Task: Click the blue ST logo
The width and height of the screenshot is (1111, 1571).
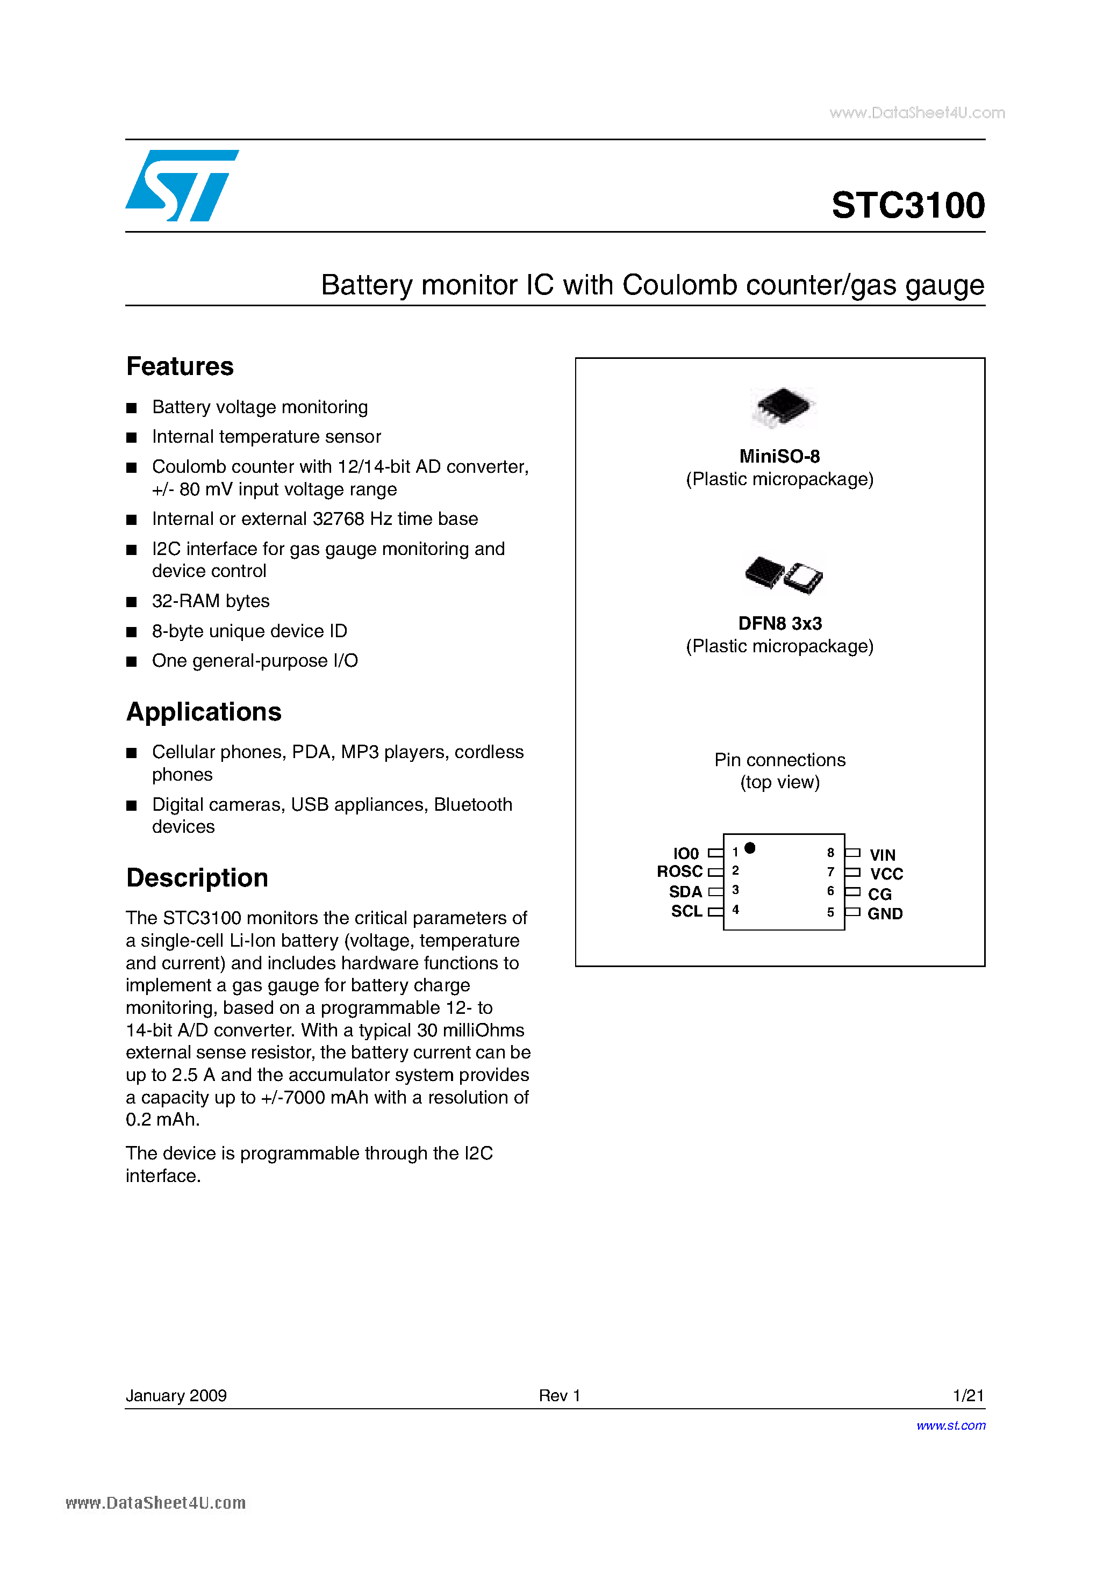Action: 181,185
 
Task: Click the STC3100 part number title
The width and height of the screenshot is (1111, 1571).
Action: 908,205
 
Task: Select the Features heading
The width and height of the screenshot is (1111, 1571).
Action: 180,367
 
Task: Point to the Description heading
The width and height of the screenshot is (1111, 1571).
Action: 197,878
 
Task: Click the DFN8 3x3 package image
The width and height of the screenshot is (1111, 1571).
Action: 783,574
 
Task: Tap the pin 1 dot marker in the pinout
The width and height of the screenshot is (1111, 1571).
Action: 750,848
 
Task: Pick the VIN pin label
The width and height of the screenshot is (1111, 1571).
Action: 883,855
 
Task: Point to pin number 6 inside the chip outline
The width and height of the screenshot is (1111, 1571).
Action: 830,891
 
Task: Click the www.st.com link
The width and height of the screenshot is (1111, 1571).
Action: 951,1425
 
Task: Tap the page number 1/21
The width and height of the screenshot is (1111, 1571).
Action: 968,1395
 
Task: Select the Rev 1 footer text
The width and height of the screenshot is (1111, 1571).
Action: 560,1395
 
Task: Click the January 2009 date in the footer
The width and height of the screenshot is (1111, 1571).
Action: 176,1395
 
